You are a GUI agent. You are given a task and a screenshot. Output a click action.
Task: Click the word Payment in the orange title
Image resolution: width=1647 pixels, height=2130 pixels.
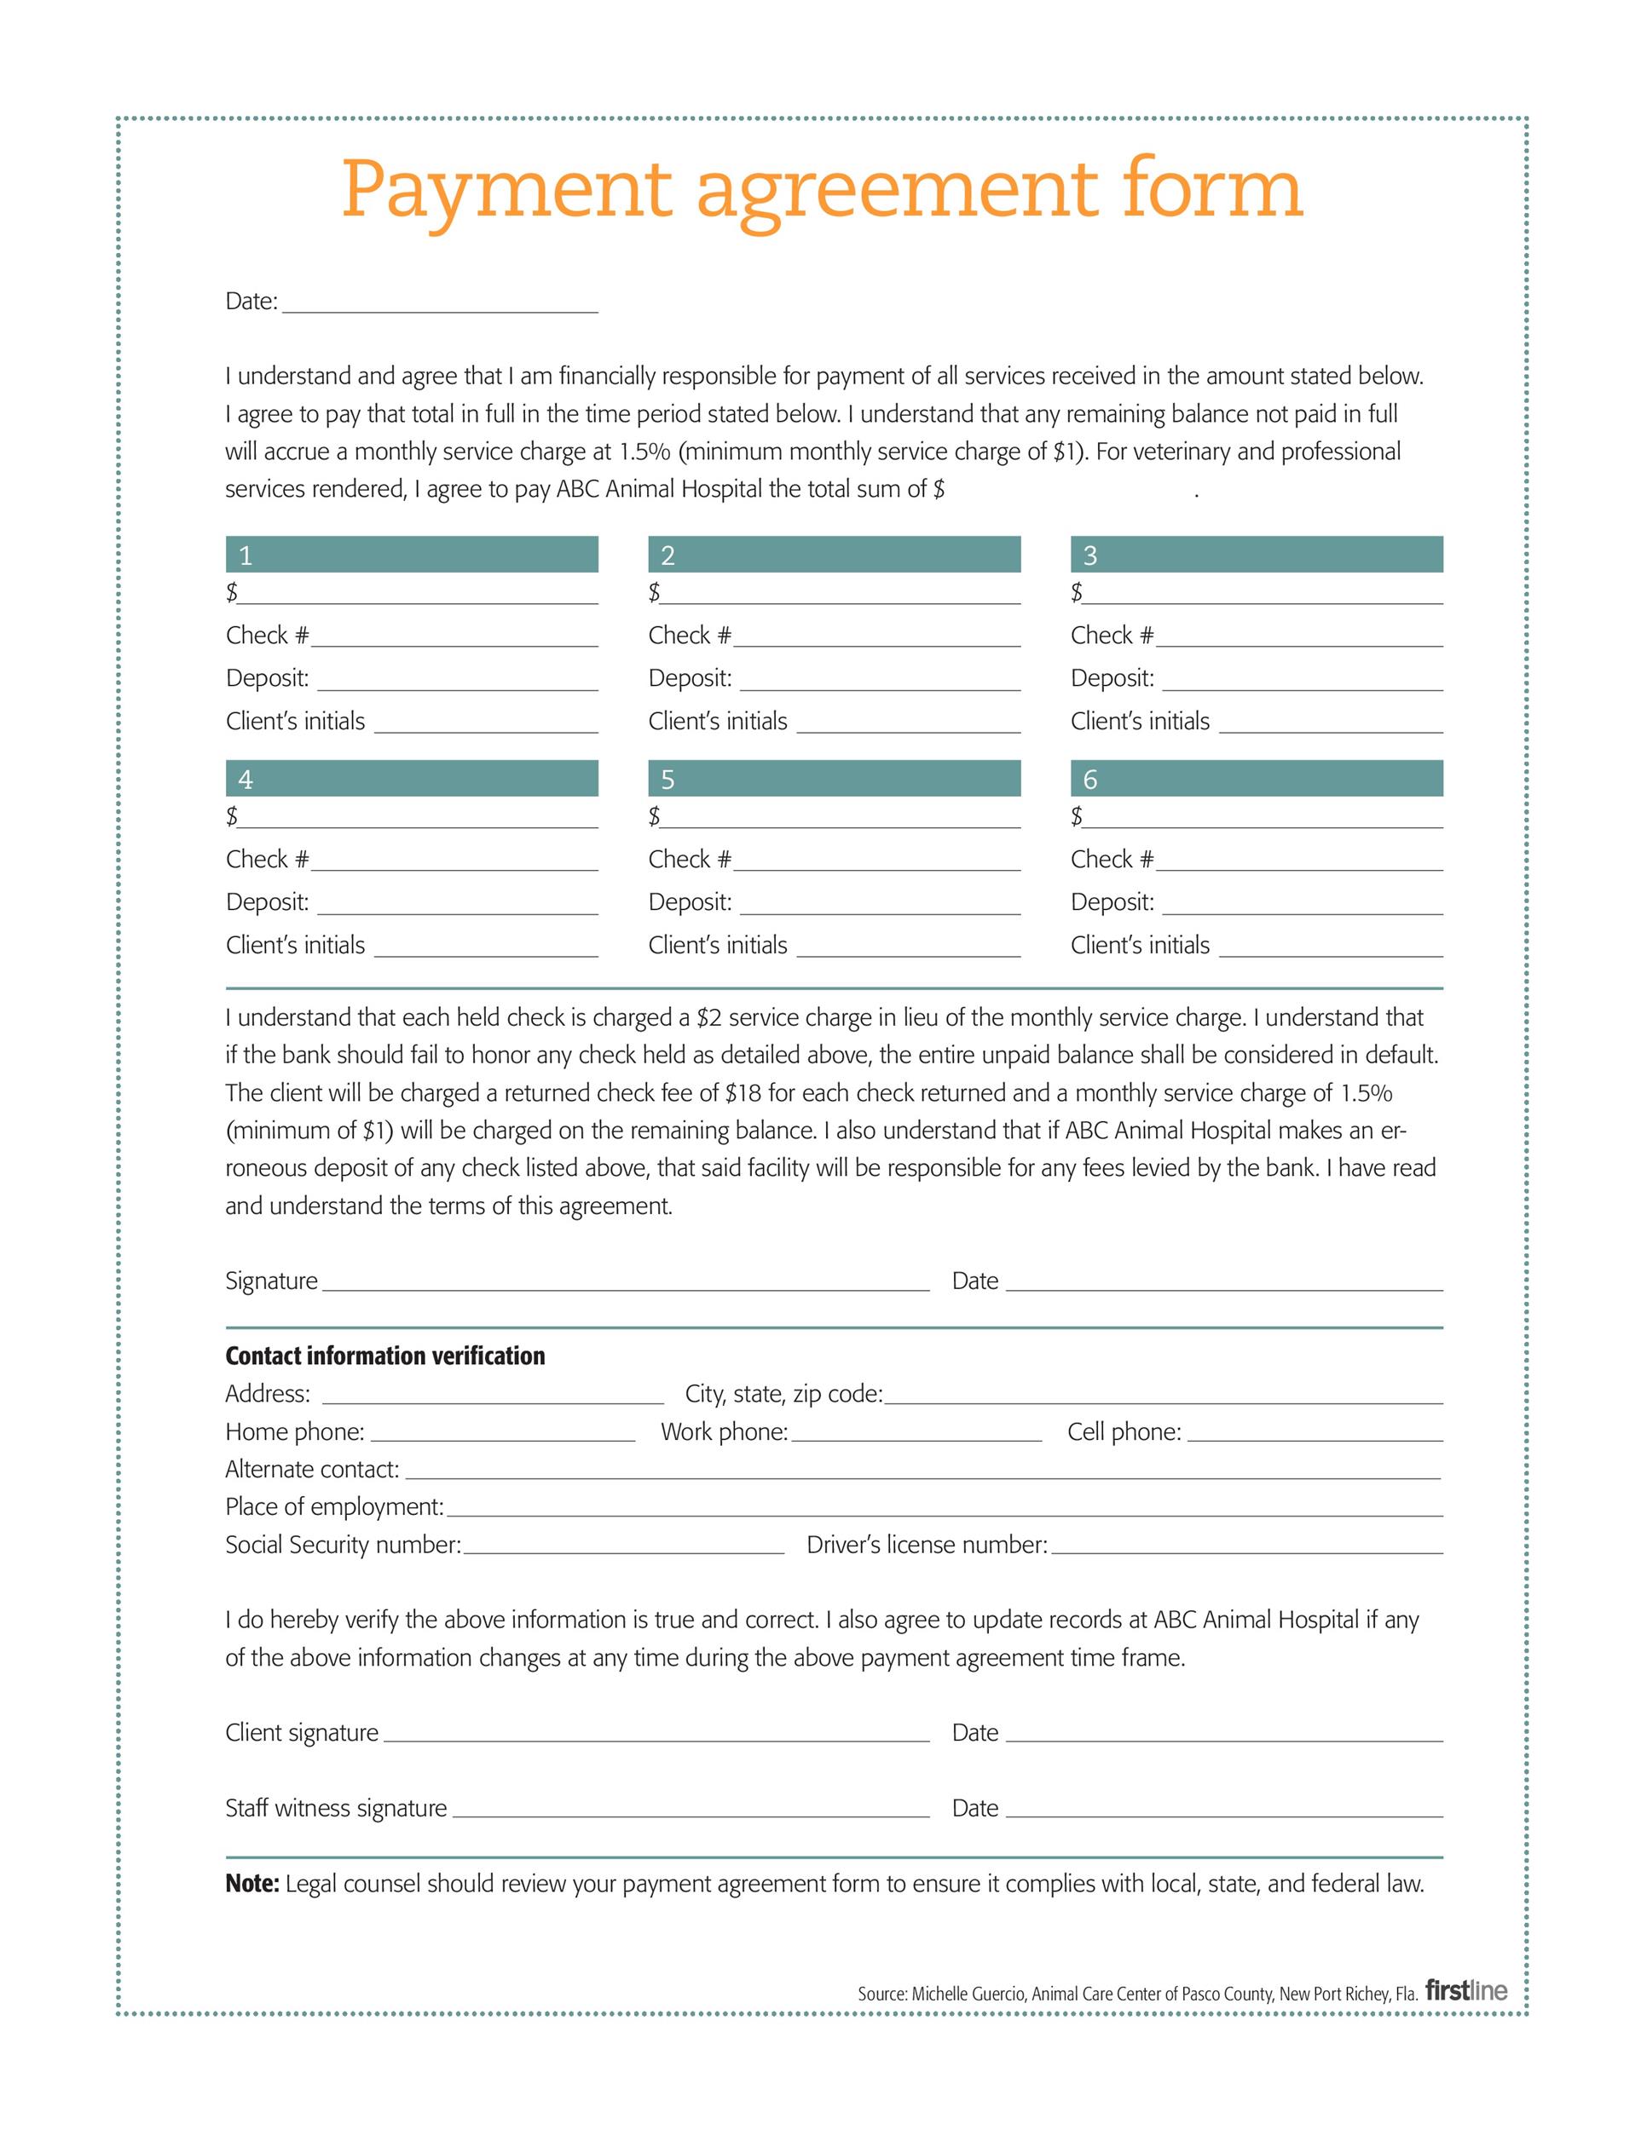pyautogui.click(x=506, y=190)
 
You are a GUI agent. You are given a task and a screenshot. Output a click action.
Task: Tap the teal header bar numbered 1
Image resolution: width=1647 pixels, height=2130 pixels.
pyautogui.click(x=412, y=554)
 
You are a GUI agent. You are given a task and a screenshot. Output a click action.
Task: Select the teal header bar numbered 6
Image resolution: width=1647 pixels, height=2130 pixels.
pyautogui.click(x=1256, y=778)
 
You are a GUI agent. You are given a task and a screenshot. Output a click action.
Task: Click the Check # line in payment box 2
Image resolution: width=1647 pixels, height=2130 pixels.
pyautogui.click(x=876, y=639)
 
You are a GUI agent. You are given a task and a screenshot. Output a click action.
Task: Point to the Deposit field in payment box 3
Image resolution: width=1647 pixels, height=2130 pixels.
pyautogui.click(x=1302, y=682)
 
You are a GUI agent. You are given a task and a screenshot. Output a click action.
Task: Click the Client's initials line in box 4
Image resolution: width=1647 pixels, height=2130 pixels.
pyautogui.click(x=485, y=949)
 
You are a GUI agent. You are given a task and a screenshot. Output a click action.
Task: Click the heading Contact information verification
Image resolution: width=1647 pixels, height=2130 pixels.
pyautogui.click(x=384, y=1356)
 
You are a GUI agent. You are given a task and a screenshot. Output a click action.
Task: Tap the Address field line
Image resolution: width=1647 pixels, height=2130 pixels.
pyautogui.click(x=493, y=1396)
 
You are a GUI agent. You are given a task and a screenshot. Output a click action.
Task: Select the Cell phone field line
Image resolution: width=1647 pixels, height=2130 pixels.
pyautogui.click(x=1315, y=1435)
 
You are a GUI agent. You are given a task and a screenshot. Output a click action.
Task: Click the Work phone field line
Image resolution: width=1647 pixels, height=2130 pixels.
pyautogui.click(x=916, y=1435)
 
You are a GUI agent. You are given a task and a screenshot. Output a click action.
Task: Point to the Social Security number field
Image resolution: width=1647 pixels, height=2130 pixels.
pyautogui.click(x=623, y=1548)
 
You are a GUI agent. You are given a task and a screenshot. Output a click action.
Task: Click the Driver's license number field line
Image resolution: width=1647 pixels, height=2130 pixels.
pyautogui.click(x=1246, y=1548)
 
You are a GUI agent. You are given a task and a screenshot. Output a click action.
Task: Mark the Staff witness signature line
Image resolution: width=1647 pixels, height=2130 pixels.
pyautogui.click(x=691, y=1811)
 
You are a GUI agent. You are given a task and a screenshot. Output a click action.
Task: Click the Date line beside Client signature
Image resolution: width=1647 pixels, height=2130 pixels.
pyautogui.click(x=1223, y=1736)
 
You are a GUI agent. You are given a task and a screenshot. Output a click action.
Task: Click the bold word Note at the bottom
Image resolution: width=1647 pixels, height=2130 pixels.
pyautogui.click(x=251, y=1883)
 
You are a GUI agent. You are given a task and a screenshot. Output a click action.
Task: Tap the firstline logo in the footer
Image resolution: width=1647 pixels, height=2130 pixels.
pyautogui.click(x=1465, y=1990)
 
